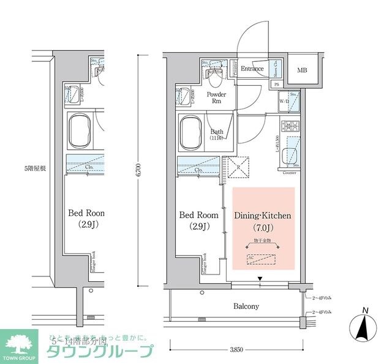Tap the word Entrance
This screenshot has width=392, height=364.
[x=252, y=69]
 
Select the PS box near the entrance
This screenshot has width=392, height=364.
[x=276, y=85]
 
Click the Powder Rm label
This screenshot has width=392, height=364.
[x=216, y=98]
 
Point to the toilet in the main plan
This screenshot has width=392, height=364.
[x=216, y=76]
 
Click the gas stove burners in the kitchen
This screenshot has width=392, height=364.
[x=289, y=127]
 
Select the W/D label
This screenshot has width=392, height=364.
[x=284, y=101]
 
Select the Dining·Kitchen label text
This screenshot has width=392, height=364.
[x=263, y=216]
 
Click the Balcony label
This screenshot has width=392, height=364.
[x=246, y=306]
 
